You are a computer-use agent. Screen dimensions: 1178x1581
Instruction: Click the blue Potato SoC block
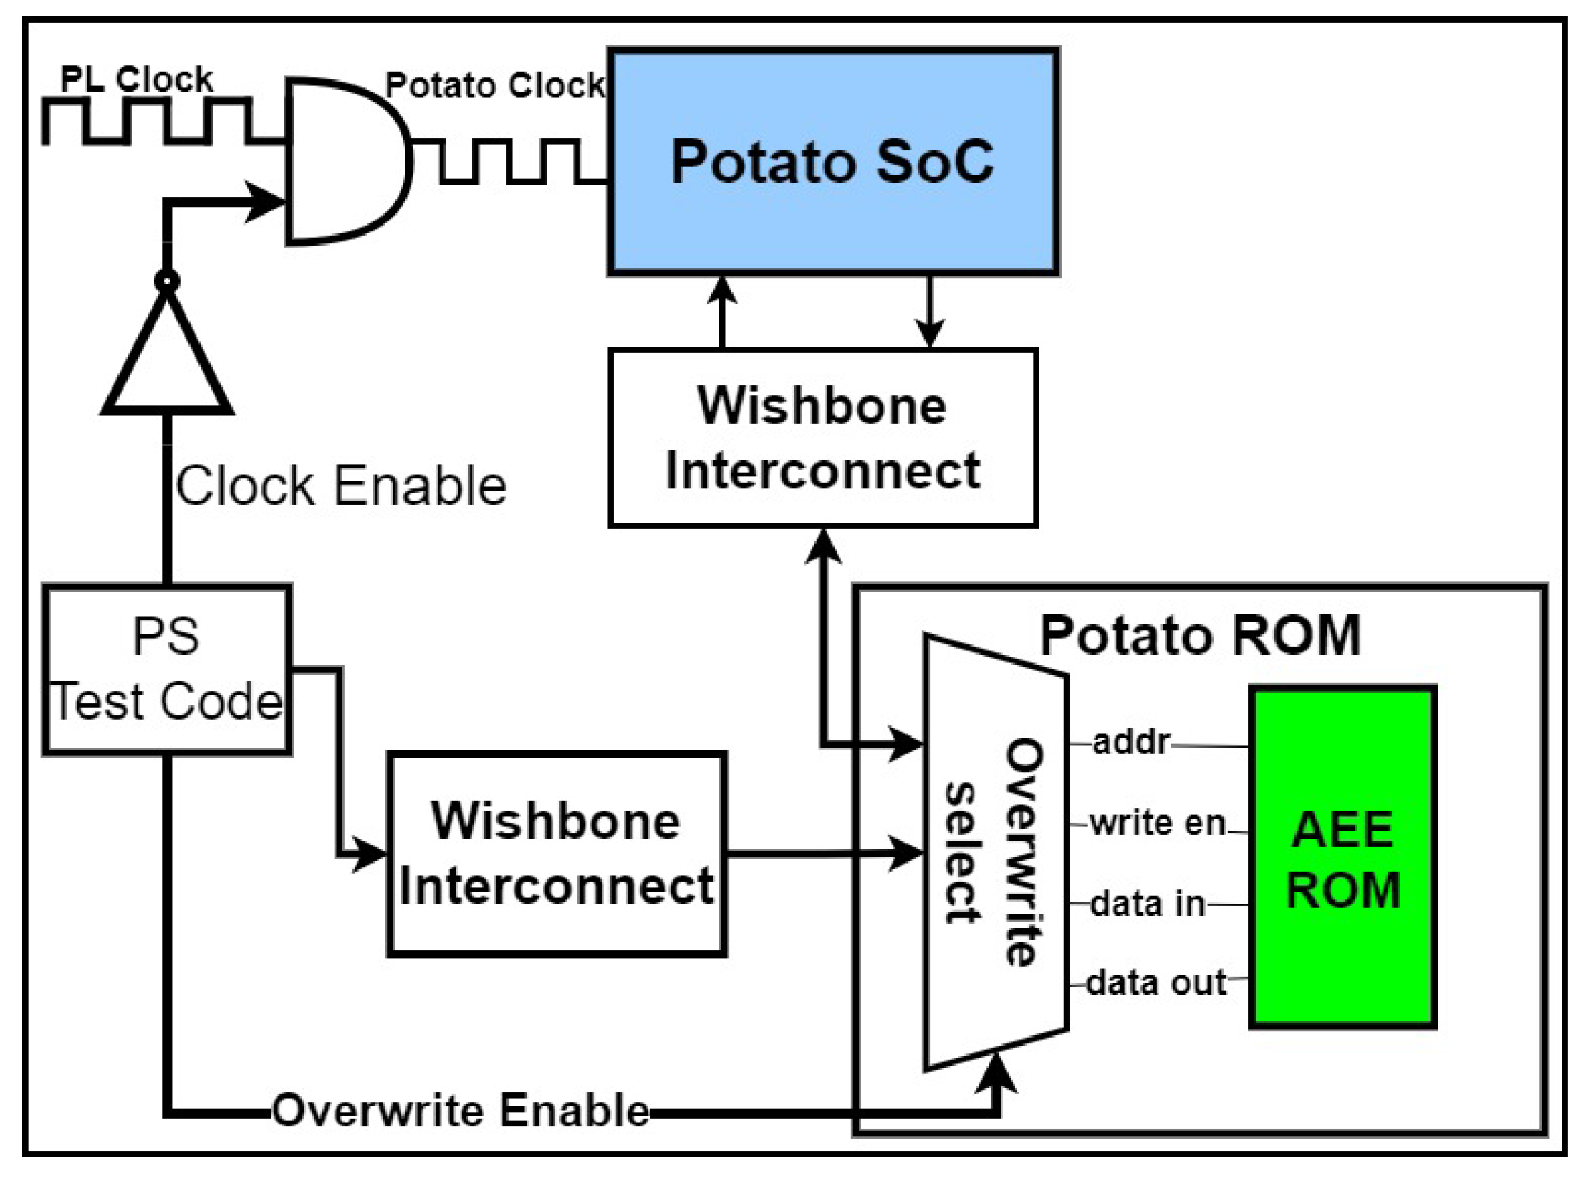pos(832,162)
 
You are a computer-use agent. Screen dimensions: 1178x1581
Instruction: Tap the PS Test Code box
pos(167,670)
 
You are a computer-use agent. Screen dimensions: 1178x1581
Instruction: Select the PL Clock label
pos(136,79)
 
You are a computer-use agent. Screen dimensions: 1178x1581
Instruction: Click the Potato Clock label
pos(494,85)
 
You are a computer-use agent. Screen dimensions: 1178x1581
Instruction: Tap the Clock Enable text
pos(341,486)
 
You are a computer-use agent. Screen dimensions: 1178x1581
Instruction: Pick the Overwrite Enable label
pos(461,1111)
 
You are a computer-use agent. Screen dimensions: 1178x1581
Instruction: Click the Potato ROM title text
pos(1199,635)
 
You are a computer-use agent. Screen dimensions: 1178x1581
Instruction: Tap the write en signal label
pos(1157,823)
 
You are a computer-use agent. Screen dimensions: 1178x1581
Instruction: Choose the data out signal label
pos(1156,983)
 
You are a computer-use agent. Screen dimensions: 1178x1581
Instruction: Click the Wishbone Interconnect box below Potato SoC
pos(822,438)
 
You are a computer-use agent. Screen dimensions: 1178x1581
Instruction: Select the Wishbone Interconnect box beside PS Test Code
pos(557,854)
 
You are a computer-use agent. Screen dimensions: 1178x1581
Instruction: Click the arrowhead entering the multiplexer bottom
pos(996,1074)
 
